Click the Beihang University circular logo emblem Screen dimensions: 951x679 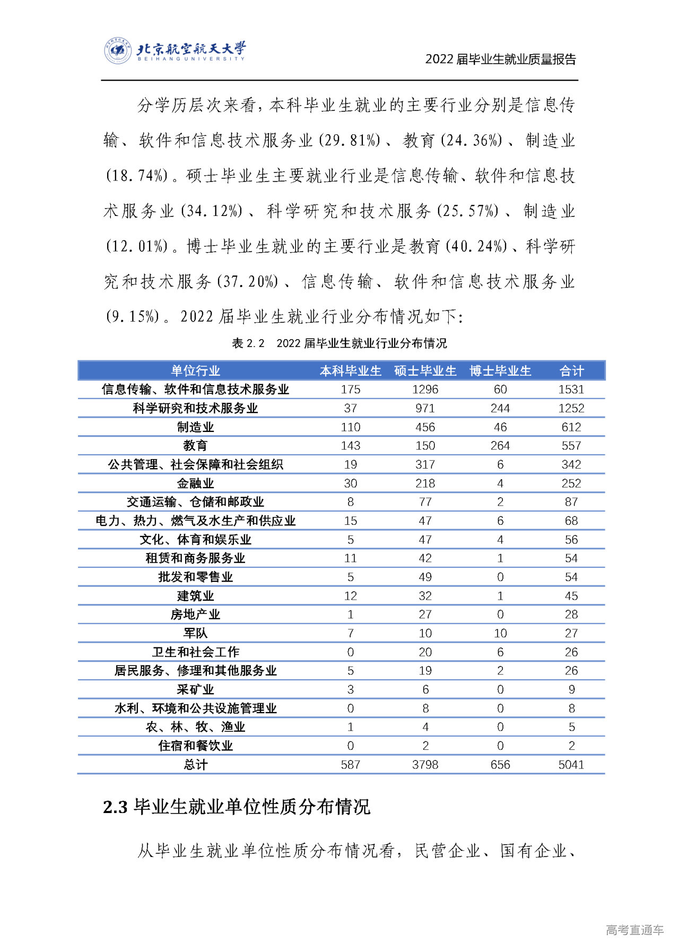[x=117, y=51]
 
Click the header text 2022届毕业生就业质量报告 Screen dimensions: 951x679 [x=500, y=59]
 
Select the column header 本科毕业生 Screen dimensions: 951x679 [x=350, y=370]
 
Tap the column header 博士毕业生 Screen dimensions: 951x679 [x=500, y=370]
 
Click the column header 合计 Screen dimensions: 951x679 [x=571, y=370]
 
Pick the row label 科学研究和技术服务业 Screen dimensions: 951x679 [x=195, y=408]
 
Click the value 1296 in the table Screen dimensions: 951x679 [x=425, y=390]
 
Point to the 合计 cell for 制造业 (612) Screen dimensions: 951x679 [x=571, y=427]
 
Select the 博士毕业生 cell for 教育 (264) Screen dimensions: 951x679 [x=500, y=446]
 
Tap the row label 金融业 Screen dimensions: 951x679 [x=195, y=483]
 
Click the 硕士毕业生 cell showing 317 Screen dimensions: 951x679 [x=425, y=464]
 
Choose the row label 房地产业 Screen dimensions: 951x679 [x=195, y=615]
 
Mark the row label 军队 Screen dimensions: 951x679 [x=195, y=633]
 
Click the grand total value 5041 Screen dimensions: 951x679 [x=571, y=765]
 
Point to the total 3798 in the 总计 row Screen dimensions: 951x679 [x=425, y=765]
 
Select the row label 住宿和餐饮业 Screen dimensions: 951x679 [x=195, y=746]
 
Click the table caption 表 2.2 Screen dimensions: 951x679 [x=248, y=343]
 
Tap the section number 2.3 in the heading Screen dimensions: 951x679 [x=115, y=807]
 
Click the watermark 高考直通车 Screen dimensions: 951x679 [x=634, y=930]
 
